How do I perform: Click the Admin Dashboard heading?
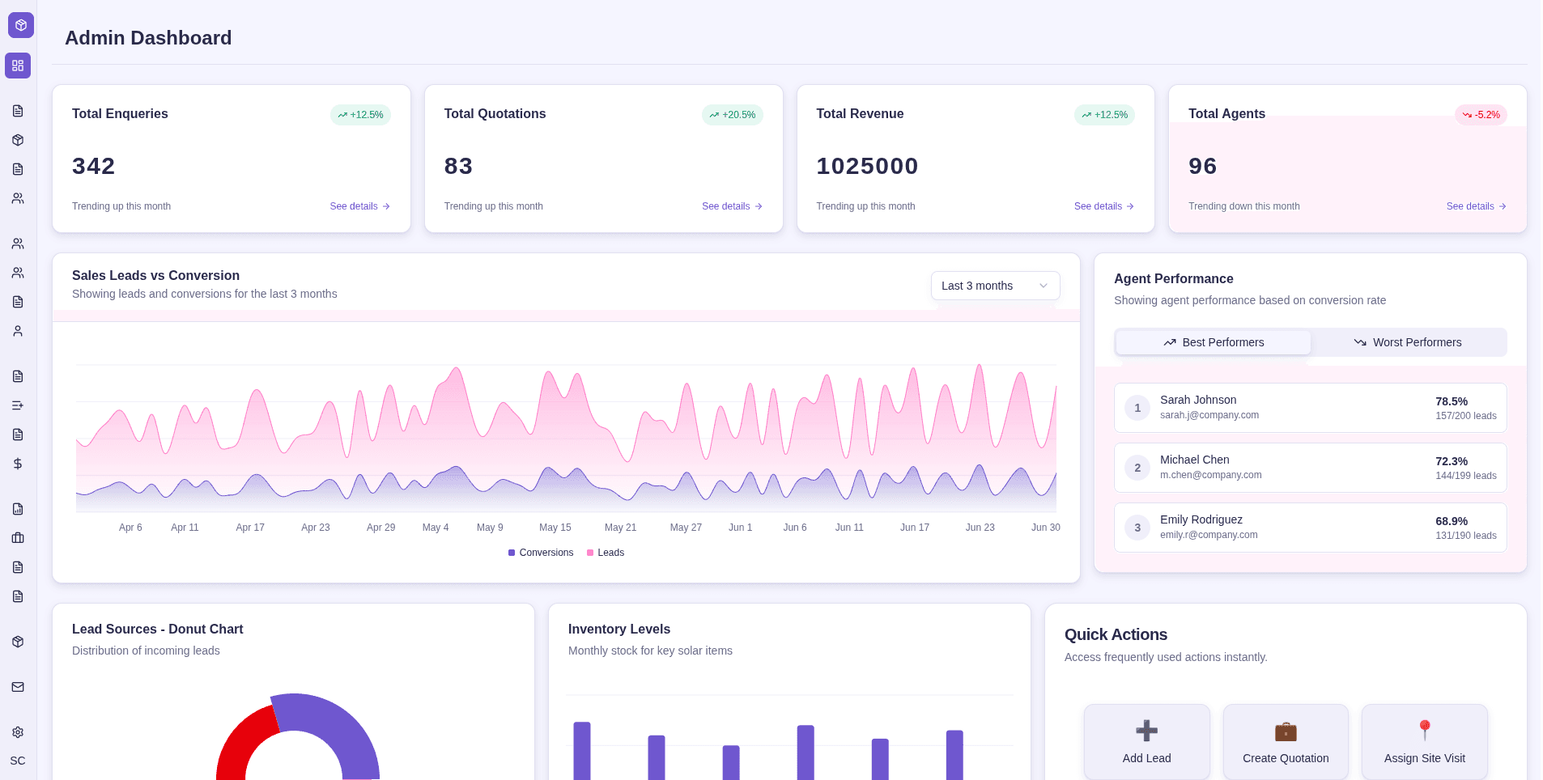pyautogui.click(x=148, y=38)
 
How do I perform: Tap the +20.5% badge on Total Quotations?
pyautogui.click(x=732, y=115)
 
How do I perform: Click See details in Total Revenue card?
pyautogui.click(x=1103, y=206)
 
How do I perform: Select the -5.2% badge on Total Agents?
pyautogui.click(x=1481, y=115)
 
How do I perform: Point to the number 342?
pyautogui.click(x=94, y=166)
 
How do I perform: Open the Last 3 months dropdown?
pyautogui.click(x=994, y=286)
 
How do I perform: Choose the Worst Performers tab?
pyautogui.click(x=1408, y=342)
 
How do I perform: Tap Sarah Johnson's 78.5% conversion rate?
pyautogui.click(x=1451, y=401)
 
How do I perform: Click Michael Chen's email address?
pyautogui.click(x=1210, y=475)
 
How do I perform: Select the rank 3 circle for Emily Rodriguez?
pyautogui.click(x=1137, y=528)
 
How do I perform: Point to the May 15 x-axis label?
pyautogui.click(x=555, y=528)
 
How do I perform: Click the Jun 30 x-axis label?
pyautogui.click(x=1045, y=528)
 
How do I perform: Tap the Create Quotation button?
pyautogui.click(x=1285, y=741)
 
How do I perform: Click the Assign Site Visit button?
pyautogui.click(x=1424, y=741)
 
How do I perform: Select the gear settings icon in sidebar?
pyautogui.click(x=18, y=732)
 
